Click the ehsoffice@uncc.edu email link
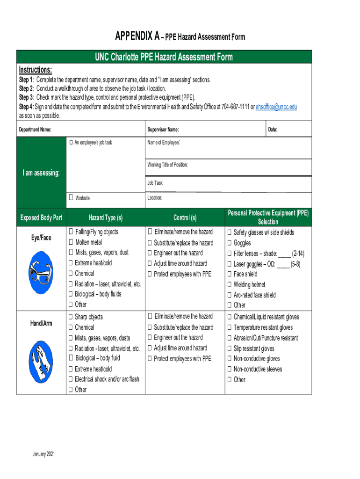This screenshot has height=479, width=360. [276, 107]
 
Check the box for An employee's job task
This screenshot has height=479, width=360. [71, 142]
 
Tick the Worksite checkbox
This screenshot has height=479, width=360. [71, 198]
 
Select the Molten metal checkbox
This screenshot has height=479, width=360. [71, 242]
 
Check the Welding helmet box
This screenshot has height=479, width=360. [230, 284]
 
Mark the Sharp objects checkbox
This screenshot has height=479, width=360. [71, 317]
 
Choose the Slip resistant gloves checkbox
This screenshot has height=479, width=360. [230, 348]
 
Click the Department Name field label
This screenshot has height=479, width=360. [35, 130]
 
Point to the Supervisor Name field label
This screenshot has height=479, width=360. [163, 130]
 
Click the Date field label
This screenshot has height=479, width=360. [273, 130]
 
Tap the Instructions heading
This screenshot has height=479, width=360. [35, 70]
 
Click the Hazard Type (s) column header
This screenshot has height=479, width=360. [105, 218]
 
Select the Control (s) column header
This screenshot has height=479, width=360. [185, 218]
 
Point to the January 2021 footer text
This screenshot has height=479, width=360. [44, 455]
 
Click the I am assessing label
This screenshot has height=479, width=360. [41, 173]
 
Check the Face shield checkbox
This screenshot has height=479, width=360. [230, 274]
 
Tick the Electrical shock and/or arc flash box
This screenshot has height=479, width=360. [71, 379]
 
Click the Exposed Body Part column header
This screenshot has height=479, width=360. [41, 218]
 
